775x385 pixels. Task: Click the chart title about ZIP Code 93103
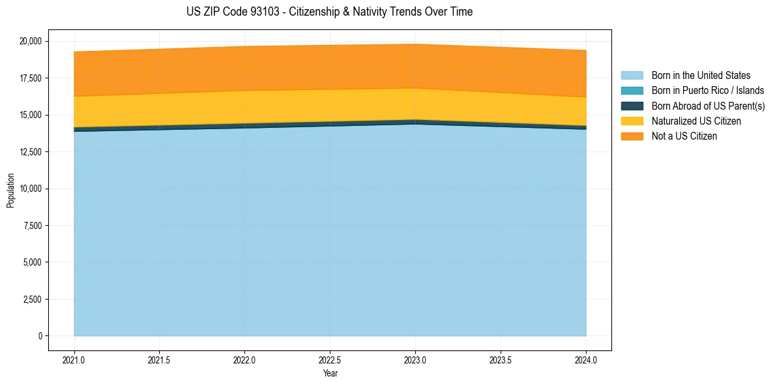pos(329,12)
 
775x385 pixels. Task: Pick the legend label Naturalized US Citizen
pos(696,121)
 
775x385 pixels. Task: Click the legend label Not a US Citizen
pos(684,136)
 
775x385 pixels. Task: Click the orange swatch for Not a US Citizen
pos(632,136)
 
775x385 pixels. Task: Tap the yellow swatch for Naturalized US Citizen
pos(632,121)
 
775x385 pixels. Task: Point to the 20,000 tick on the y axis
pos(31,41)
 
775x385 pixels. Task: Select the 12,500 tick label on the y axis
pos(31,152)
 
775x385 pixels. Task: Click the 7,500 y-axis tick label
pos(33,226)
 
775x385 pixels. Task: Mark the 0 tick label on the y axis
pos(40,336)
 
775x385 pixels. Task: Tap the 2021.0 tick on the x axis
pos(74,360)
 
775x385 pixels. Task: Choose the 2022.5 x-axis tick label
pos(330,360)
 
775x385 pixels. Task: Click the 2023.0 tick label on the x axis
pos(415,360)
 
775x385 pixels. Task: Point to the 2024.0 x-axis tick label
pos(586,360)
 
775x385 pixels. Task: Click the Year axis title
pos(330,373)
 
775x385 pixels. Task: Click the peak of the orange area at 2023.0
pos(415,45)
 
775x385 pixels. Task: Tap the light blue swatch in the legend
pos(632,76)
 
